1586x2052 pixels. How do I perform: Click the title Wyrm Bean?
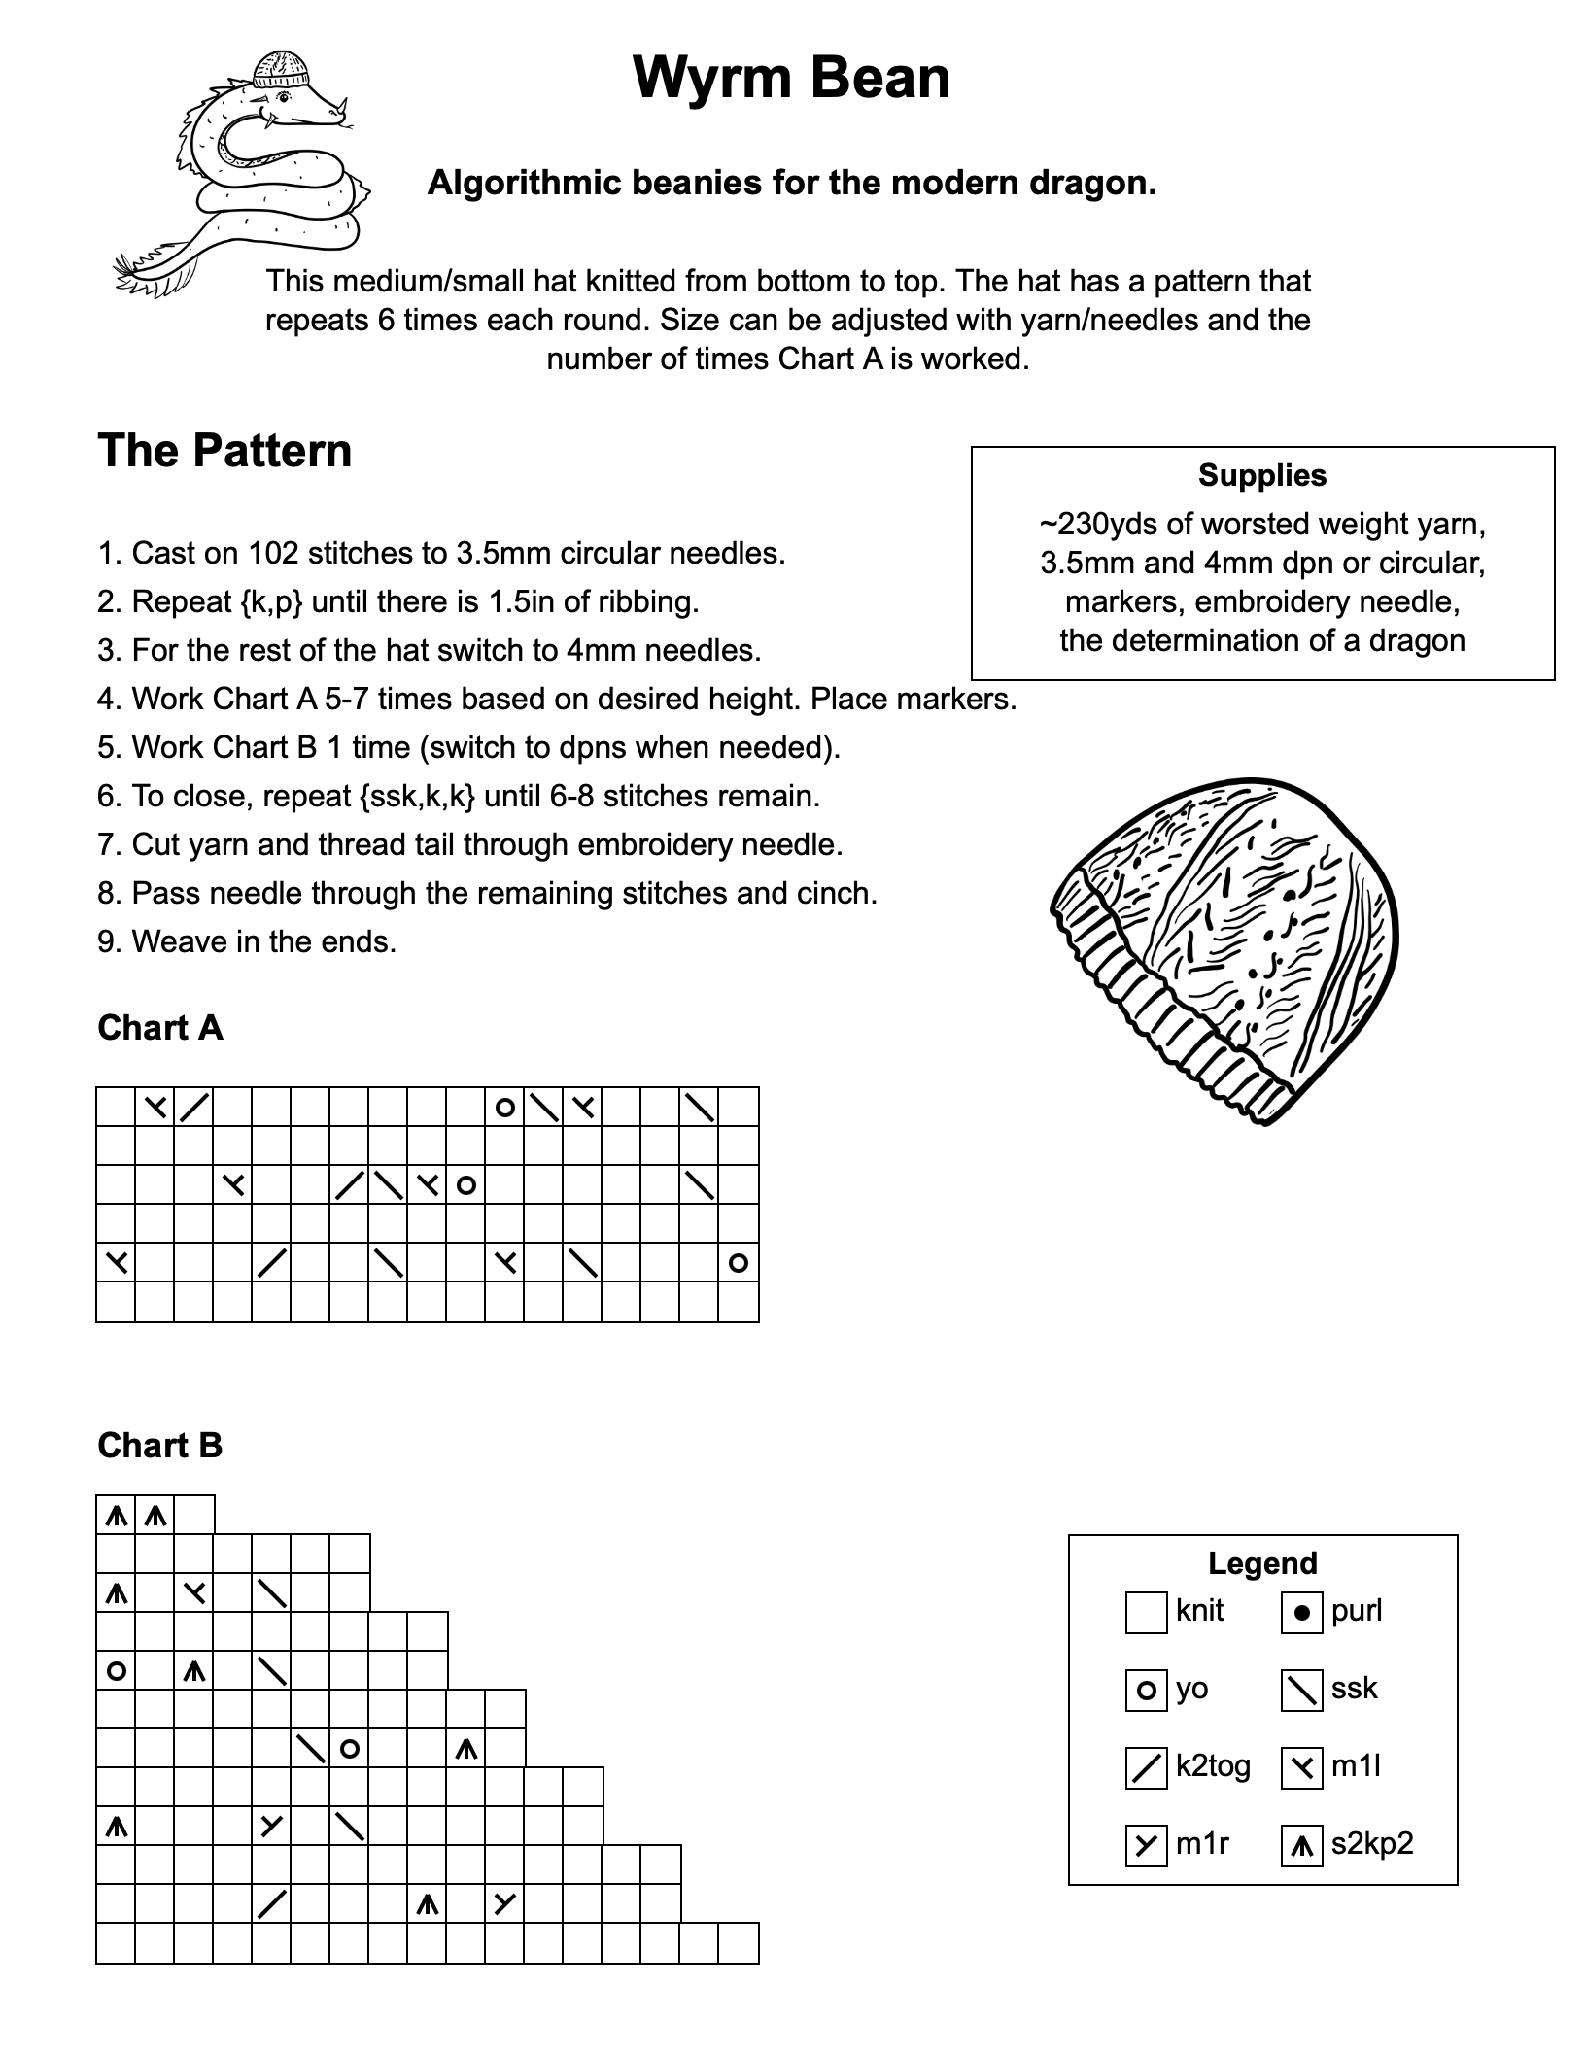tap(791, 78)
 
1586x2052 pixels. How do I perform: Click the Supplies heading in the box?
tap(1261, 475)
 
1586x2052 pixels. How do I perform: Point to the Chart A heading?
tap(160, 1028)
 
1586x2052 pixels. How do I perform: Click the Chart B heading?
tap(160, 1446)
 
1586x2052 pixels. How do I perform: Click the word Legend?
tap(1261, 1563)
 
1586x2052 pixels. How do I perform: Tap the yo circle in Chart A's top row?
tap(504, 1107)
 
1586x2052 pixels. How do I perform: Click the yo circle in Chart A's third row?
tap(465, 1185)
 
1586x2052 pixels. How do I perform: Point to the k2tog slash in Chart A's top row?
tap(194, 1107)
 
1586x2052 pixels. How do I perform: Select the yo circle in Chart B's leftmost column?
tap(116, 1671)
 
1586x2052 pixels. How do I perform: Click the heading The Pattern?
tap(224, 451)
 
